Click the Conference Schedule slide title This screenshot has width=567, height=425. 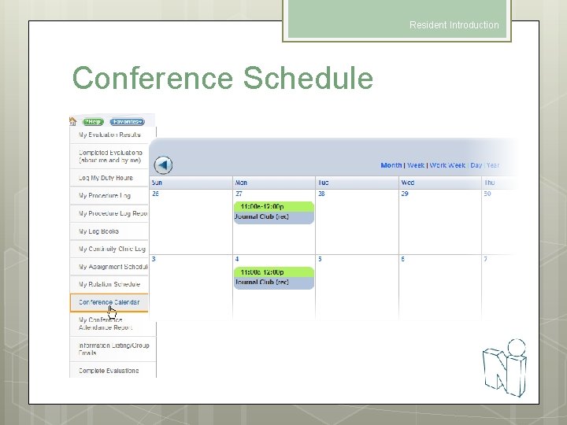tap(223, 79)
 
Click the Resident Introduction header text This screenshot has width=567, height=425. tap(454, 25)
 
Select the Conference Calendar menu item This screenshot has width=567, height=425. tap(109, 302)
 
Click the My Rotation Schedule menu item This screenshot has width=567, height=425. tap(109, 284)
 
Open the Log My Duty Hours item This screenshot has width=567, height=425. tap(106, 178)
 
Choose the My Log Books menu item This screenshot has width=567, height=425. tap(98, 231)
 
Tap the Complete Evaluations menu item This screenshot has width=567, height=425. tap(108, 371)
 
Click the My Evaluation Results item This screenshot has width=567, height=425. tap(109, 135)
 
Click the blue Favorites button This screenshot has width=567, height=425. tap(127, 122)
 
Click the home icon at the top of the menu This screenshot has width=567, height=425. tap(73, 122)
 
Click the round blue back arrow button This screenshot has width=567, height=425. tap(163, 165)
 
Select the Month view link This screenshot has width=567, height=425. tap(391, 165)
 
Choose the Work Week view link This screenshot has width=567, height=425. tap(447, 165)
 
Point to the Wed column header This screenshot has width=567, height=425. tap(407, 183)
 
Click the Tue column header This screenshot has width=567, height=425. tap(324, 183)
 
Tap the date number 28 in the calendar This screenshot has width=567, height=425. tap(321, 194)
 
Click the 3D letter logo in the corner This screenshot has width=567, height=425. tap(505, 366)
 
